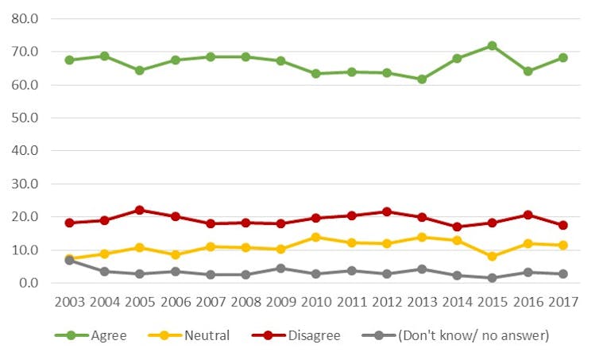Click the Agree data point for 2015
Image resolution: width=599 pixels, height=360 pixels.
coord(492,46)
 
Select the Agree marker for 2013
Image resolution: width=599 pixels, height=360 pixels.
coord(422,79)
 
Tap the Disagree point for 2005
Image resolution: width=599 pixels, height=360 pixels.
coord(139,210)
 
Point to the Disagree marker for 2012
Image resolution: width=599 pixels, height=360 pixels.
coord(386,211)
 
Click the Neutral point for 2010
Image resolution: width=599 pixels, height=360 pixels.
coord(315,237)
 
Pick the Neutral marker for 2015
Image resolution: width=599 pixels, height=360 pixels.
coord(492,257)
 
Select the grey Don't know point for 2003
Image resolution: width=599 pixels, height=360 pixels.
coord(69,261)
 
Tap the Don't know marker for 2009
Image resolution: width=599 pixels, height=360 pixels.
coord(280,268)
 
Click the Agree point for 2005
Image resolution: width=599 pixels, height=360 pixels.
coord(139,70)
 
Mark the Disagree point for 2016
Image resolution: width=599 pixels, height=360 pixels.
coord(527,215)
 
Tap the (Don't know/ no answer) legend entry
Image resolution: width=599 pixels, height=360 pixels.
coord(470,335)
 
